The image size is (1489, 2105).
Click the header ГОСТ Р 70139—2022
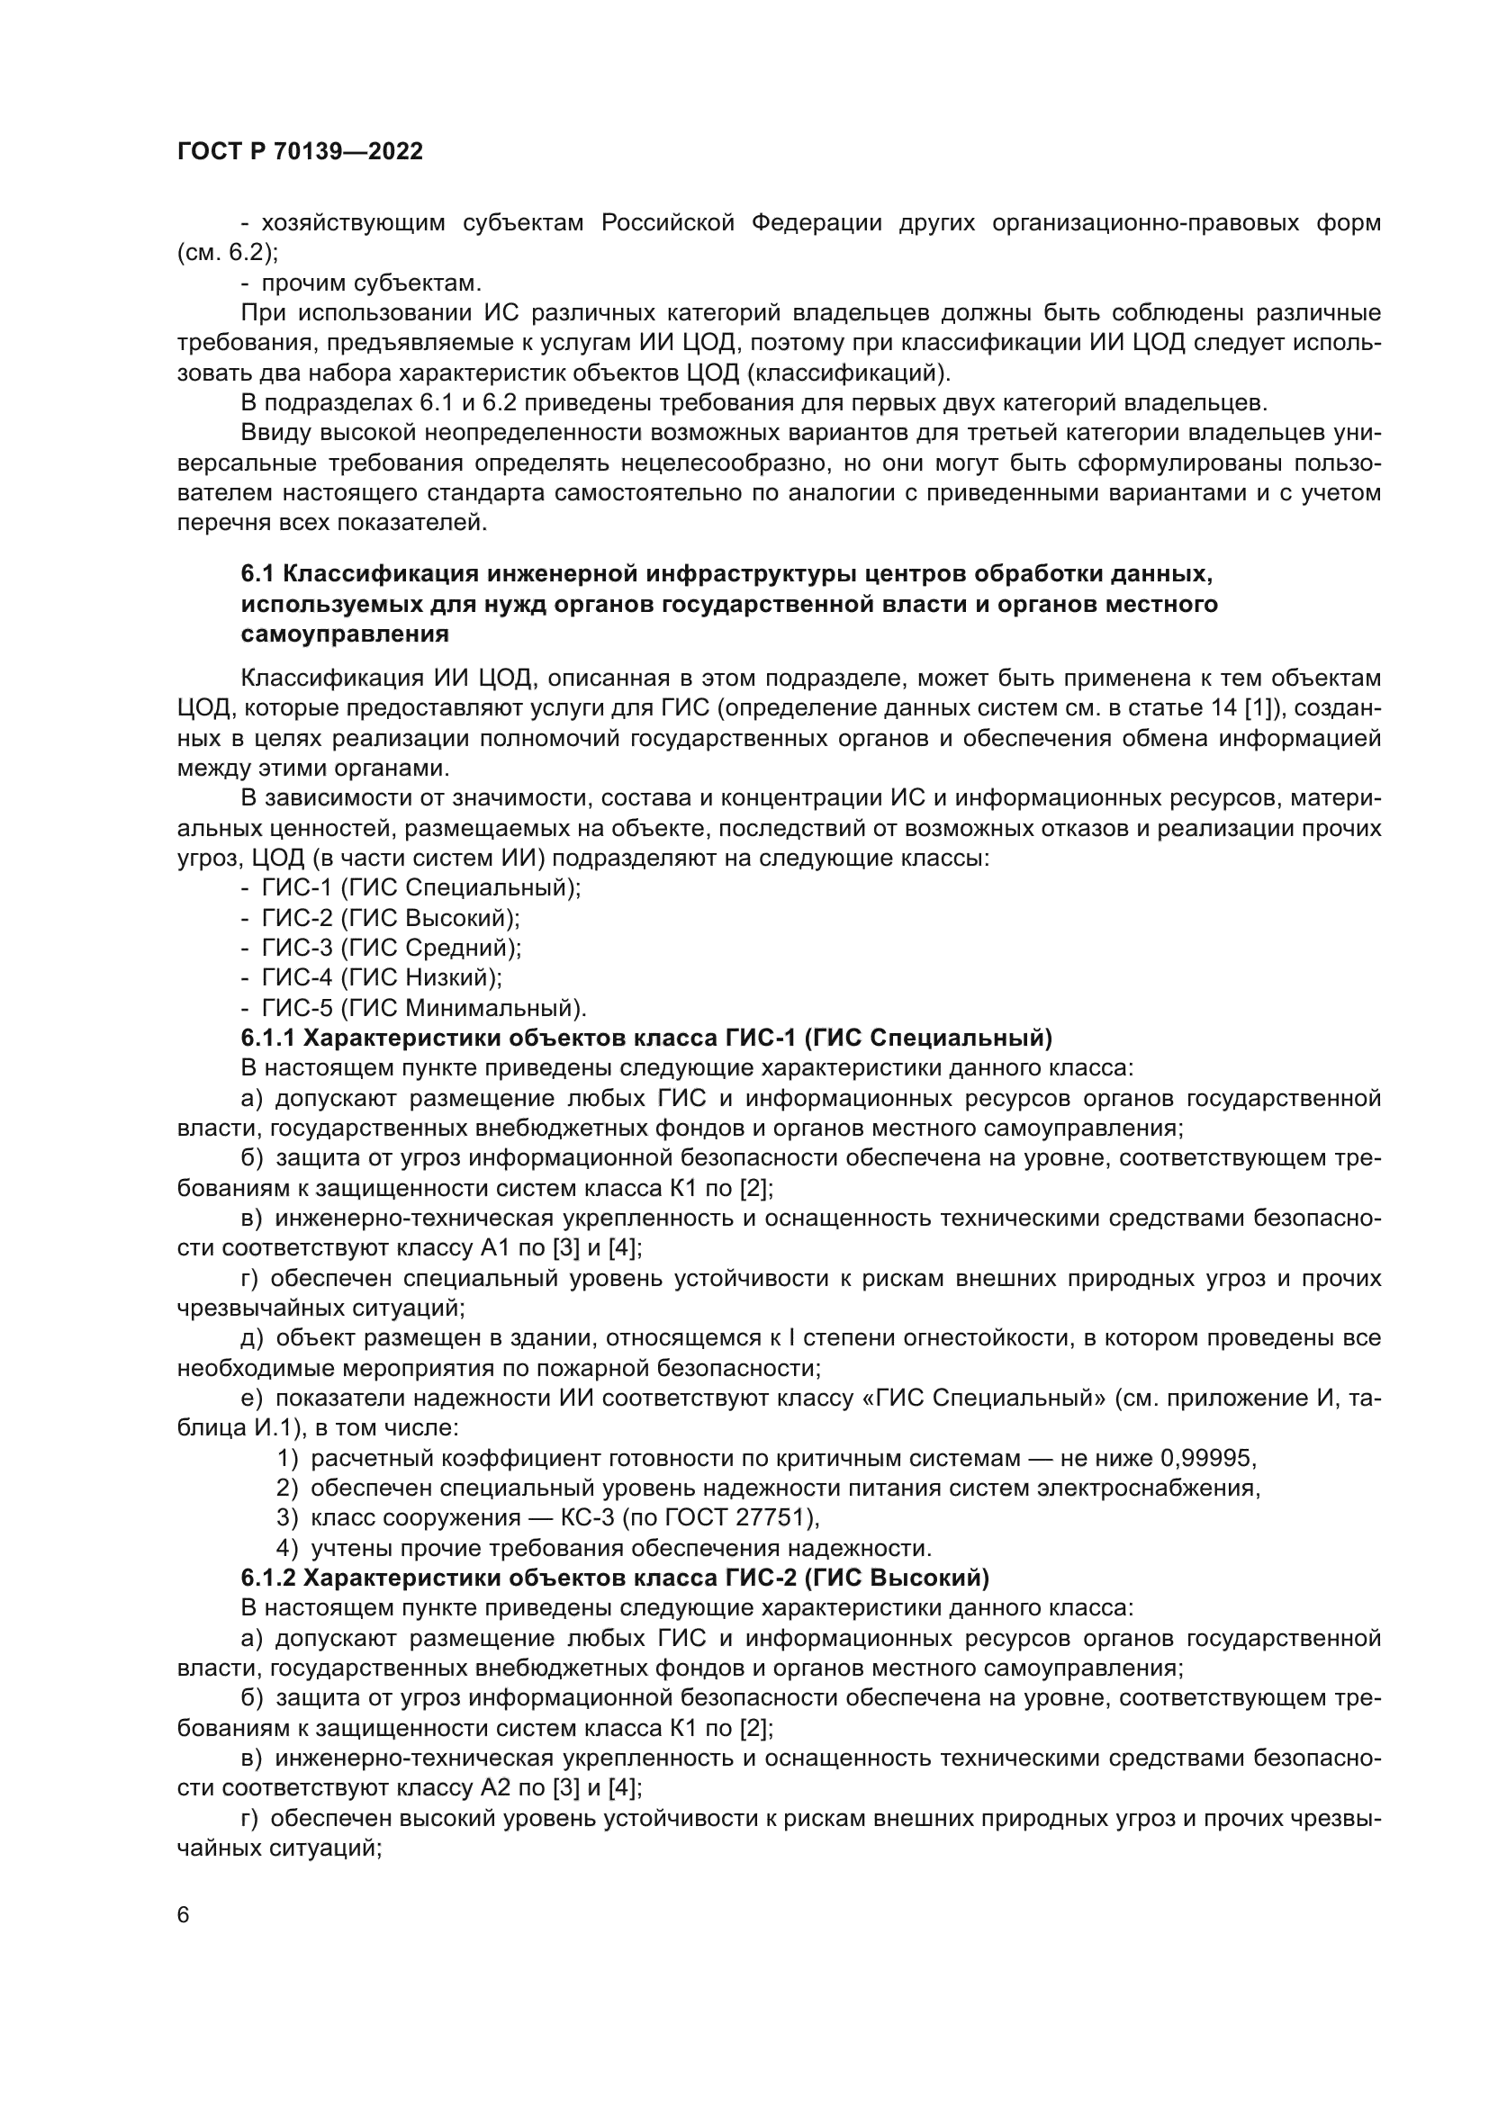[x=300, y=152]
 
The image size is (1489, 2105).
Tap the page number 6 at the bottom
[x=184, y=1915]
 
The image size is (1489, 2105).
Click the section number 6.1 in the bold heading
[x=258, y=574]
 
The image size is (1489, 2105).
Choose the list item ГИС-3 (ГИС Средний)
[x=392, y=948]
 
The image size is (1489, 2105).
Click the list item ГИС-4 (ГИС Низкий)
[x=382, y=978]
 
